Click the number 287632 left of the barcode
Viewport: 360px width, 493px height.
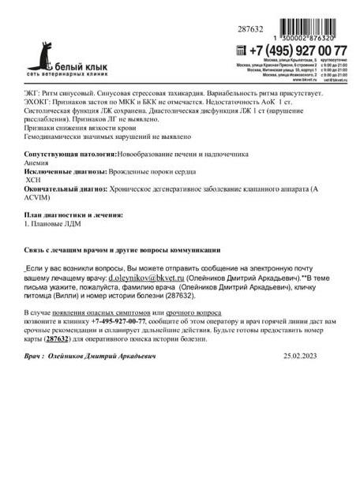coord(250,28)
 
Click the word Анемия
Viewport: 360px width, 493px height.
coord(37,162)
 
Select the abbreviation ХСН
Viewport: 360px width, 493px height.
coord(36,180)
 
